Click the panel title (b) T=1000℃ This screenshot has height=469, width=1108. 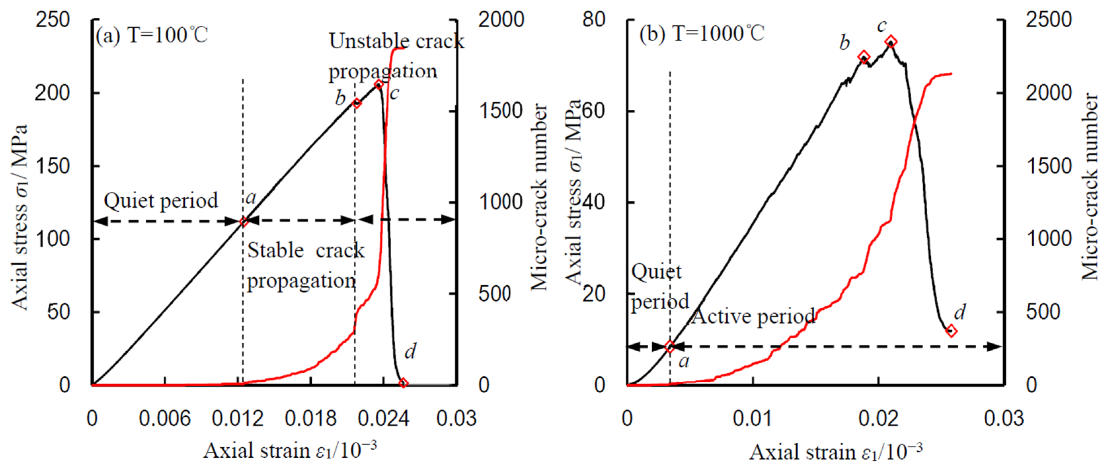click(x=702, y=34)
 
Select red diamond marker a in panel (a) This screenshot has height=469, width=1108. click(x=244, y=221)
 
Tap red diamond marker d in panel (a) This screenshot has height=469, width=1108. click(x=403, y=383)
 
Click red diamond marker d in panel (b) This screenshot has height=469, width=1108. click(x=951, y=331)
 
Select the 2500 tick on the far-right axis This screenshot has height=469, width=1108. click(x=1049, y=20)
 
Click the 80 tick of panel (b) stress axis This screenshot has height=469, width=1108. click(x=594, y=20)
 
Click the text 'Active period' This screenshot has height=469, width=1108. click(x=753, y=317)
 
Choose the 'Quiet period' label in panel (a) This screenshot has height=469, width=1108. click(x=161, y=201)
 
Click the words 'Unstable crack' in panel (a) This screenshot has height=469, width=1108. click(x=397, y=42)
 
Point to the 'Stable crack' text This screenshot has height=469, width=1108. click(x=306, y=251)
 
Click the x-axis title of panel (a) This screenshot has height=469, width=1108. click(x=290, y=451)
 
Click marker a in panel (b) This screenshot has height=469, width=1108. click(x=670, y=347)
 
